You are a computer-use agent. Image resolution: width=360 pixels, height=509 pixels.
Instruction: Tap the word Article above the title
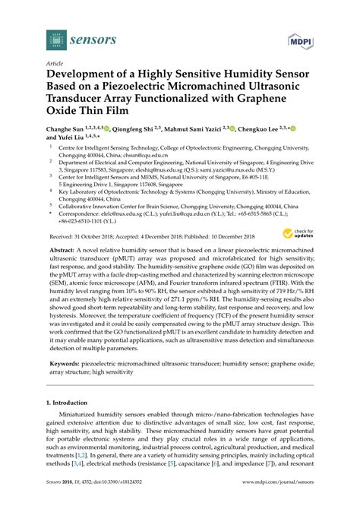(x=55, y=65)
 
